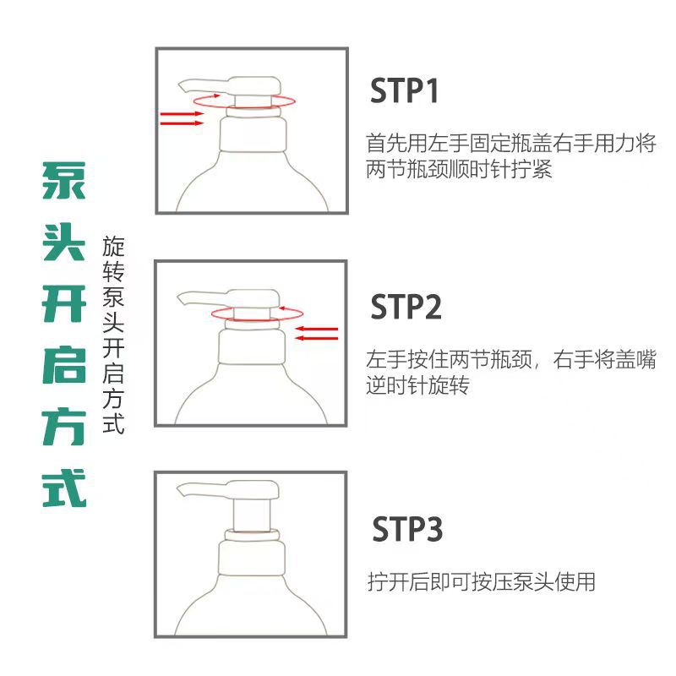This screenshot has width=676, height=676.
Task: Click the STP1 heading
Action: [x=404, y=90]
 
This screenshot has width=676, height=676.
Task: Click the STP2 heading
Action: [x=406, y=307]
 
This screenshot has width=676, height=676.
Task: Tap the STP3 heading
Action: [x=407, y=529]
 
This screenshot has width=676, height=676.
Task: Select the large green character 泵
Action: [x=64, y=181]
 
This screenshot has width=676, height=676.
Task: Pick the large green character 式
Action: [x=64, y=488]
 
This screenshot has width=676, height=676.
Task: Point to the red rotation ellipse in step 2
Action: [x=257, y=319]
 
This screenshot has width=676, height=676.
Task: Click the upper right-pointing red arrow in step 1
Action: [x=182, y=114]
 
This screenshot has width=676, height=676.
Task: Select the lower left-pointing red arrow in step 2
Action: [x=316, y=338]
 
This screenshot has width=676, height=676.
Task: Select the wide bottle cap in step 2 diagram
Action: [x=252, y=346]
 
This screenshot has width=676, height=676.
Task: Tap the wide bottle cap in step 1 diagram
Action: [x=253, y=134]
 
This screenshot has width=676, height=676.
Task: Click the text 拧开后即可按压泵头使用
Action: [x=481, y=581]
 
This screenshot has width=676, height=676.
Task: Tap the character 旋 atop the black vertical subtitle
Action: [x=113, y=247]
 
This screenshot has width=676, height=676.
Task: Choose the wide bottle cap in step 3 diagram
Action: [x=252, y=558]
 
